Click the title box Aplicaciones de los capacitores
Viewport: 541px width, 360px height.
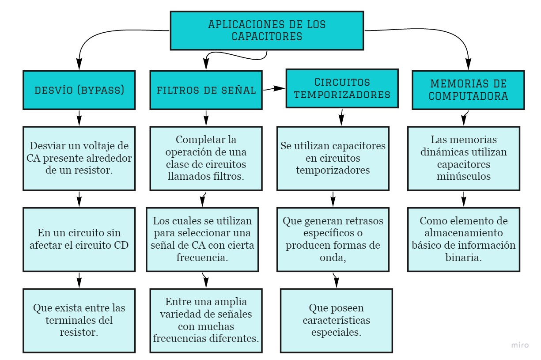point(267,30)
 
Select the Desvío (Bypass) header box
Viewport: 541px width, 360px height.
point(79,90)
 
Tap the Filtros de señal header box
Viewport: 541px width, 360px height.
point(206,90)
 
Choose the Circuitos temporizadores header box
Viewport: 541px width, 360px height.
point(342,88)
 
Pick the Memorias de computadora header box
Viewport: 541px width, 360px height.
point(468,90)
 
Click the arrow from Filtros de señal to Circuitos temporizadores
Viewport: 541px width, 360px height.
point(274,89)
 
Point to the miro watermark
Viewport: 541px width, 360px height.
point(520,345)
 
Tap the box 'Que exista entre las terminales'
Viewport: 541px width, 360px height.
point(79,320)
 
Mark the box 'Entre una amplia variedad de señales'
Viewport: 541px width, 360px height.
point(206,320)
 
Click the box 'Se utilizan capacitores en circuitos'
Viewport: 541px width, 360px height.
point(333,158)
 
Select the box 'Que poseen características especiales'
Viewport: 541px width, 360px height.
point(336,320)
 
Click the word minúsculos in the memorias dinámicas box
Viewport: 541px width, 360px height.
point(463,176)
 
